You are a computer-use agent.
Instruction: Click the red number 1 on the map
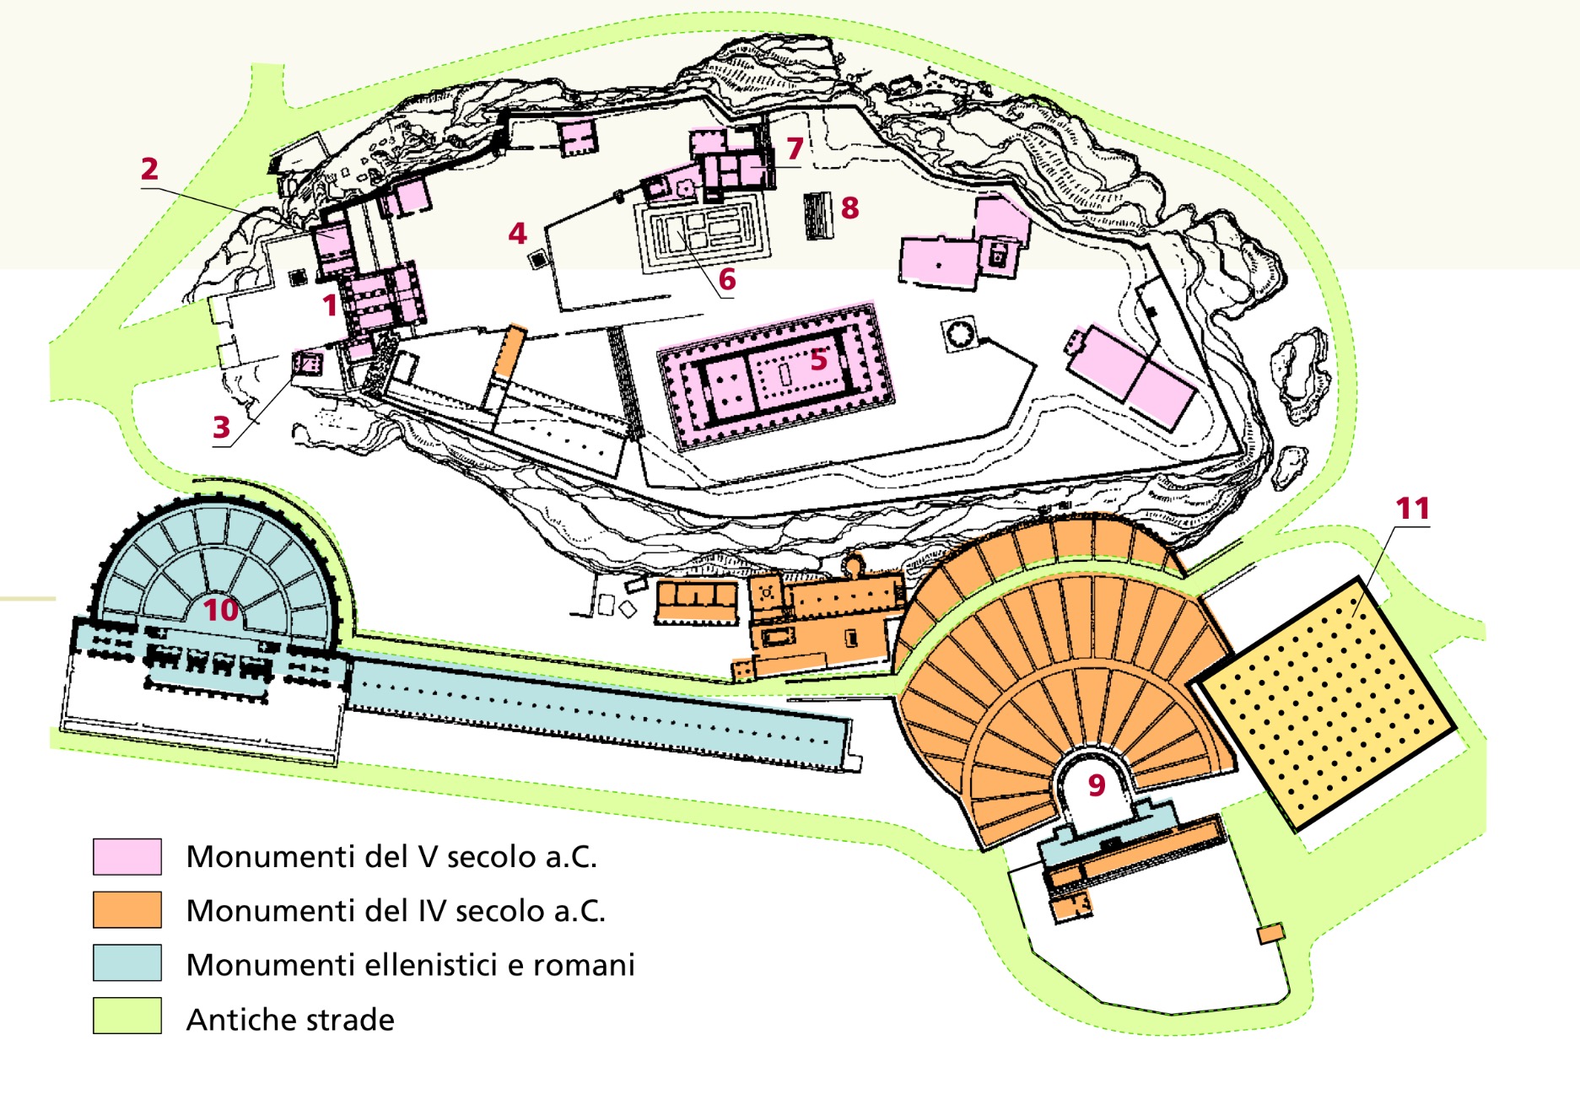pyautogui.click(x=330, y=305)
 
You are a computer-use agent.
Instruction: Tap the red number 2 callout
pyautogui.click(x=149, y=169)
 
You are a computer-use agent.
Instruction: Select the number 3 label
pyautogui.click(x=221, y=427)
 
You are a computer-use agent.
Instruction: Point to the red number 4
pyautogui.click(x=517, y=233)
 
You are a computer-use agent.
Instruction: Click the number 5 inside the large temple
pyautogui.click(x=818, y=359)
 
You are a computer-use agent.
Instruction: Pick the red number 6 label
pyautogui.click(x=727, y=279)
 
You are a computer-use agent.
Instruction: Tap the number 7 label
pyautogui.click(x=795, y=148)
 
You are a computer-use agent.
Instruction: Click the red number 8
pyautogui.click(x=849, y=208)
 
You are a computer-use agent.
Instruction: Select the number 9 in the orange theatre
pyautogui.click(x=1096, y=785)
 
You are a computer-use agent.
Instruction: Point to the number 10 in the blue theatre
pyautogui.click(x=221, y=609)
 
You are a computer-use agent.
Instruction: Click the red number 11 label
pyautogui.click(x=1412, y=509)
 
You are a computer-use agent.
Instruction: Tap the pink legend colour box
pyautogui.click(x=127, y=856)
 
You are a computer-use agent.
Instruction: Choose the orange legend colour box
pyautogui.click(x=127, y=910)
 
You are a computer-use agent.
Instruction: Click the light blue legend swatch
pyautogui.click(x=127, y=963)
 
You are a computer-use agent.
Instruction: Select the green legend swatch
pyautogui.click(x=127, y=1016)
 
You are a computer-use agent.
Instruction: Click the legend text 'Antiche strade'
pyautogui.click(x=290, y=1020)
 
